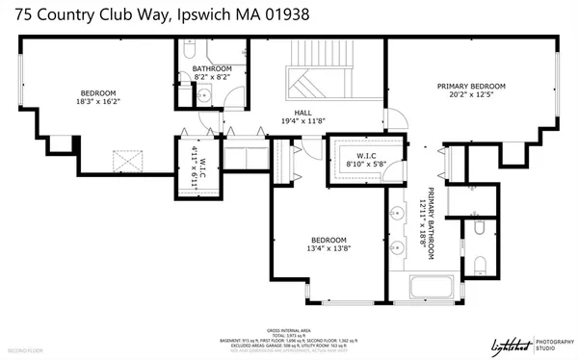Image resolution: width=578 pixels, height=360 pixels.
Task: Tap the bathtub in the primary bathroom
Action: pyautogui.click(x=431, y=288)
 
